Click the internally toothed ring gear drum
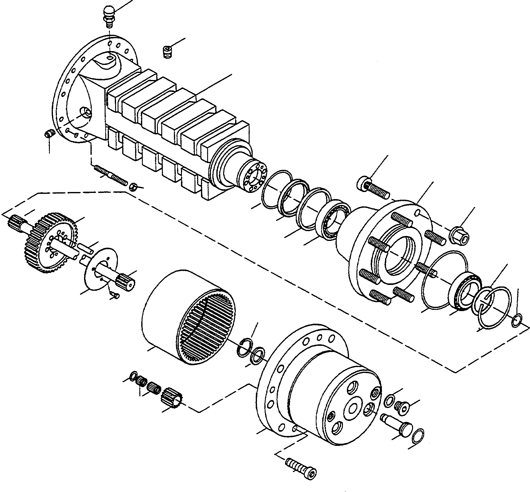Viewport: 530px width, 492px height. click(x=185, y=317)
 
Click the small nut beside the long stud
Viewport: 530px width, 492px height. click(x=133, y=186)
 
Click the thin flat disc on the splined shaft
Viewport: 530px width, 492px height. click(x=100, y=268)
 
